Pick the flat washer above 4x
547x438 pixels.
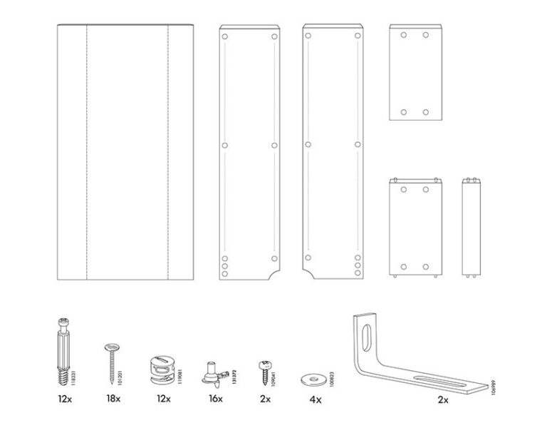[311, 375]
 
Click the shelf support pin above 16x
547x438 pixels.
[213, 371]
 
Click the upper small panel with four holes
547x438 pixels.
[415, 72]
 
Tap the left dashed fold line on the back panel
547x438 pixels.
[86, 153]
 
